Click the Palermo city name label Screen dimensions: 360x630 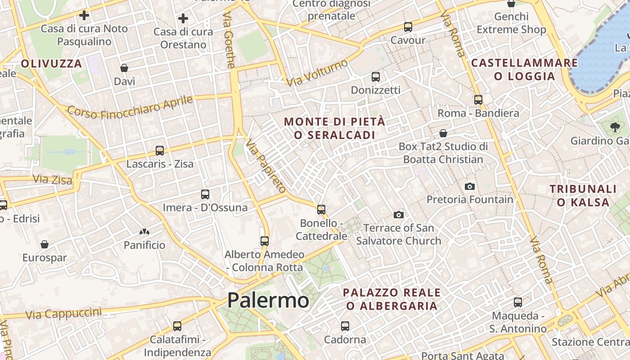pyautogui.click(x=268, y=300)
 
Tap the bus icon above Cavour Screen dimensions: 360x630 pyautogui.click(x=408, y=27)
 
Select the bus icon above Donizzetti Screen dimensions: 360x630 pyautogui.click(x=376, y=77)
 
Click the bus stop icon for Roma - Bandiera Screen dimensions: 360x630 pyautogui.click(x=478, y=100)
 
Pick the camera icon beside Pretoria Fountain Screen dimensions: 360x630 pyautogui.click(x=469, y=186)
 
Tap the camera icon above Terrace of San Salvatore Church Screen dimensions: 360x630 pyautogui.click(x=398, y=215)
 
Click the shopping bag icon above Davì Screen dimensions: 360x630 pyautogui.click(x=124, y=68)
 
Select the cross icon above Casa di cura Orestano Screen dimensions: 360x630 pyautogui.click(x=183, y=19)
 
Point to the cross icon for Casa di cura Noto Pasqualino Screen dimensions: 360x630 pyautogui.click(x=84, y=15)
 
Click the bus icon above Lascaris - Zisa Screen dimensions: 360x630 pyautogui.click(x=159, y=151)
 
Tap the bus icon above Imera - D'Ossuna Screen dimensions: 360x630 pyautogui.click(x=205, y=194)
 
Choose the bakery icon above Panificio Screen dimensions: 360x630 pyautogui.click(x=144, y=232)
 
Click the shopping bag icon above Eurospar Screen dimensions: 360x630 pyautogui.click(x=45, y=245)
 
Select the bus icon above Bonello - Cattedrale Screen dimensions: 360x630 pyautogui.click(x=321, y=209)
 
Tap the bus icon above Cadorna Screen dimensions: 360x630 pyautogui.click(x=345, y=326)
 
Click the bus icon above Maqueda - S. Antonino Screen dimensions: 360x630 pyautogui.click(x=517, y=302)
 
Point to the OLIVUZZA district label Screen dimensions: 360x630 pyautogui.click(x=51, y=63)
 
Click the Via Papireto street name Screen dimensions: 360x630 pyautogui.click(x=265, y=166)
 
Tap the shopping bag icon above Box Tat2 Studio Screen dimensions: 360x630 pyautogui.click(x=443, y=133)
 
